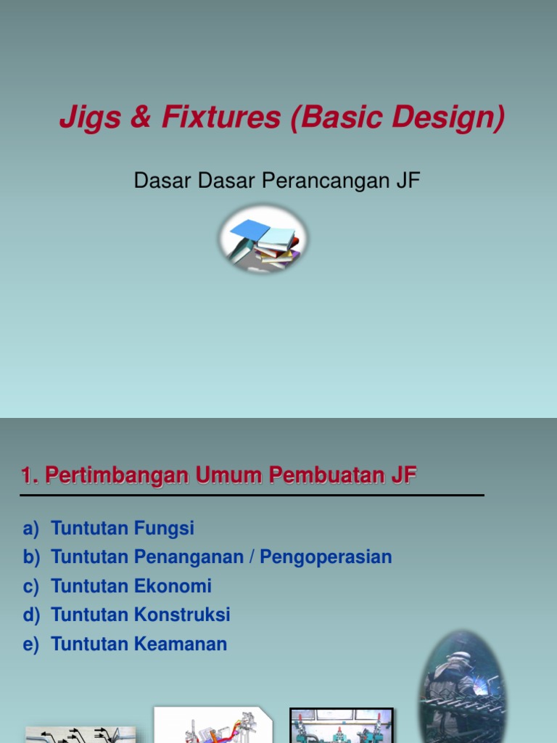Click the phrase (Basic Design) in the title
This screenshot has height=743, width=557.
(397, 118)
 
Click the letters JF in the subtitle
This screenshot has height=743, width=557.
(408, 181)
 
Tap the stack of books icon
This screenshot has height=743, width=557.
(263, 239)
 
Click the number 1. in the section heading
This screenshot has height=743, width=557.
(30, 476)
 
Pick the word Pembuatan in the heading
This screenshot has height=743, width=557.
(324, 476)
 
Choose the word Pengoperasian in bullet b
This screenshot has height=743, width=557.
(326, 557)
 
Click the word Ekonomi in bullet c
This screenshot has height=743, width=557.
(173, 586)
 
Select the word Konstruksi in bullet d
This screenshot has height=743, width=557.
(182, 615)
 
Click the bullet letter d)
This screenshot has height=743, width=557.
(31, 615)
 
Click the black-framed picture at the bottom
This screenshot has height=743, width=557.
(342, 726)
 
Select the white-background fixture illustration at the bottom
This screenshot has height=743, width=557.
(214, 725)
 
